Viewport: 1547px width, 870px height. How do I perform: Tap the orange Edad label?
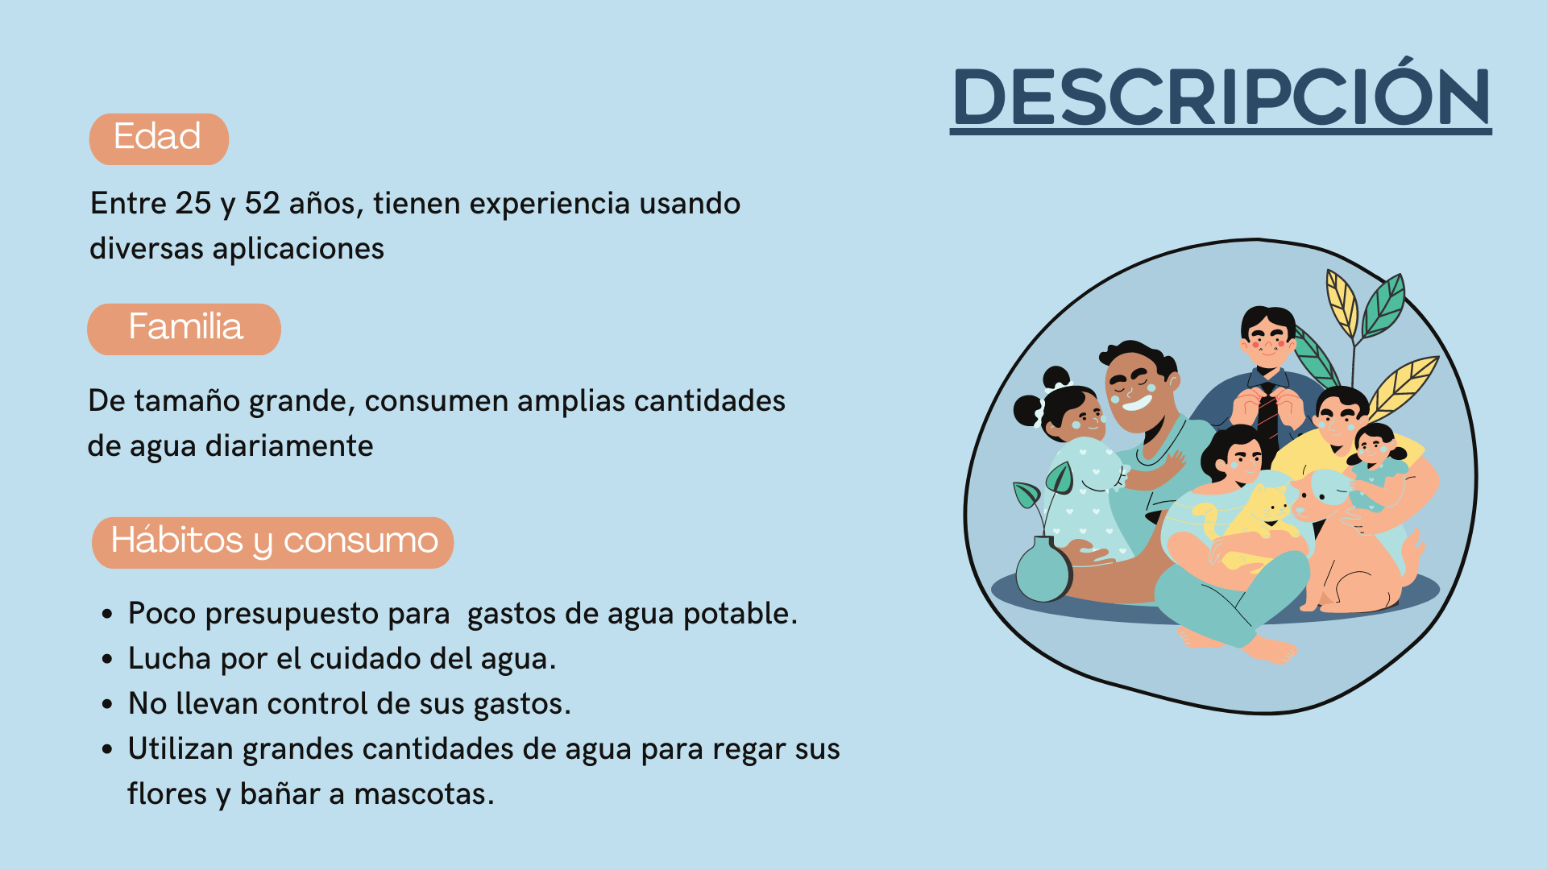(159, 139)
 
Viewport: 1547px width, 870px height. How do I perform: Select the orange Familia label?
(184, 329)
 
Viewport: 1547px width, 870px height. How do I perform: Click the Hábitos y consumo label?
(272, 542)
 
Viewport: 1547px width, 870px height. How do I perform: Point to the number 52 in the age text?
(262, 204)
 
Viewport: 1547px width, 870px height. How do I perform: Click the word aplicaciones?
(298, 249)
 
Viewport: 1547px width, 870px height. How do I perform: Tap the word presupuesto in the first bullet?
(327, 615)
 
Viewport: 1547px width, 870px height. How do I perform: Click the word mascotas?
(424, 794)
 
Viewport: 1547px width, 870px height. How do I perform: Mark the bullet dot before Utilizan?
(107, 750)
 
